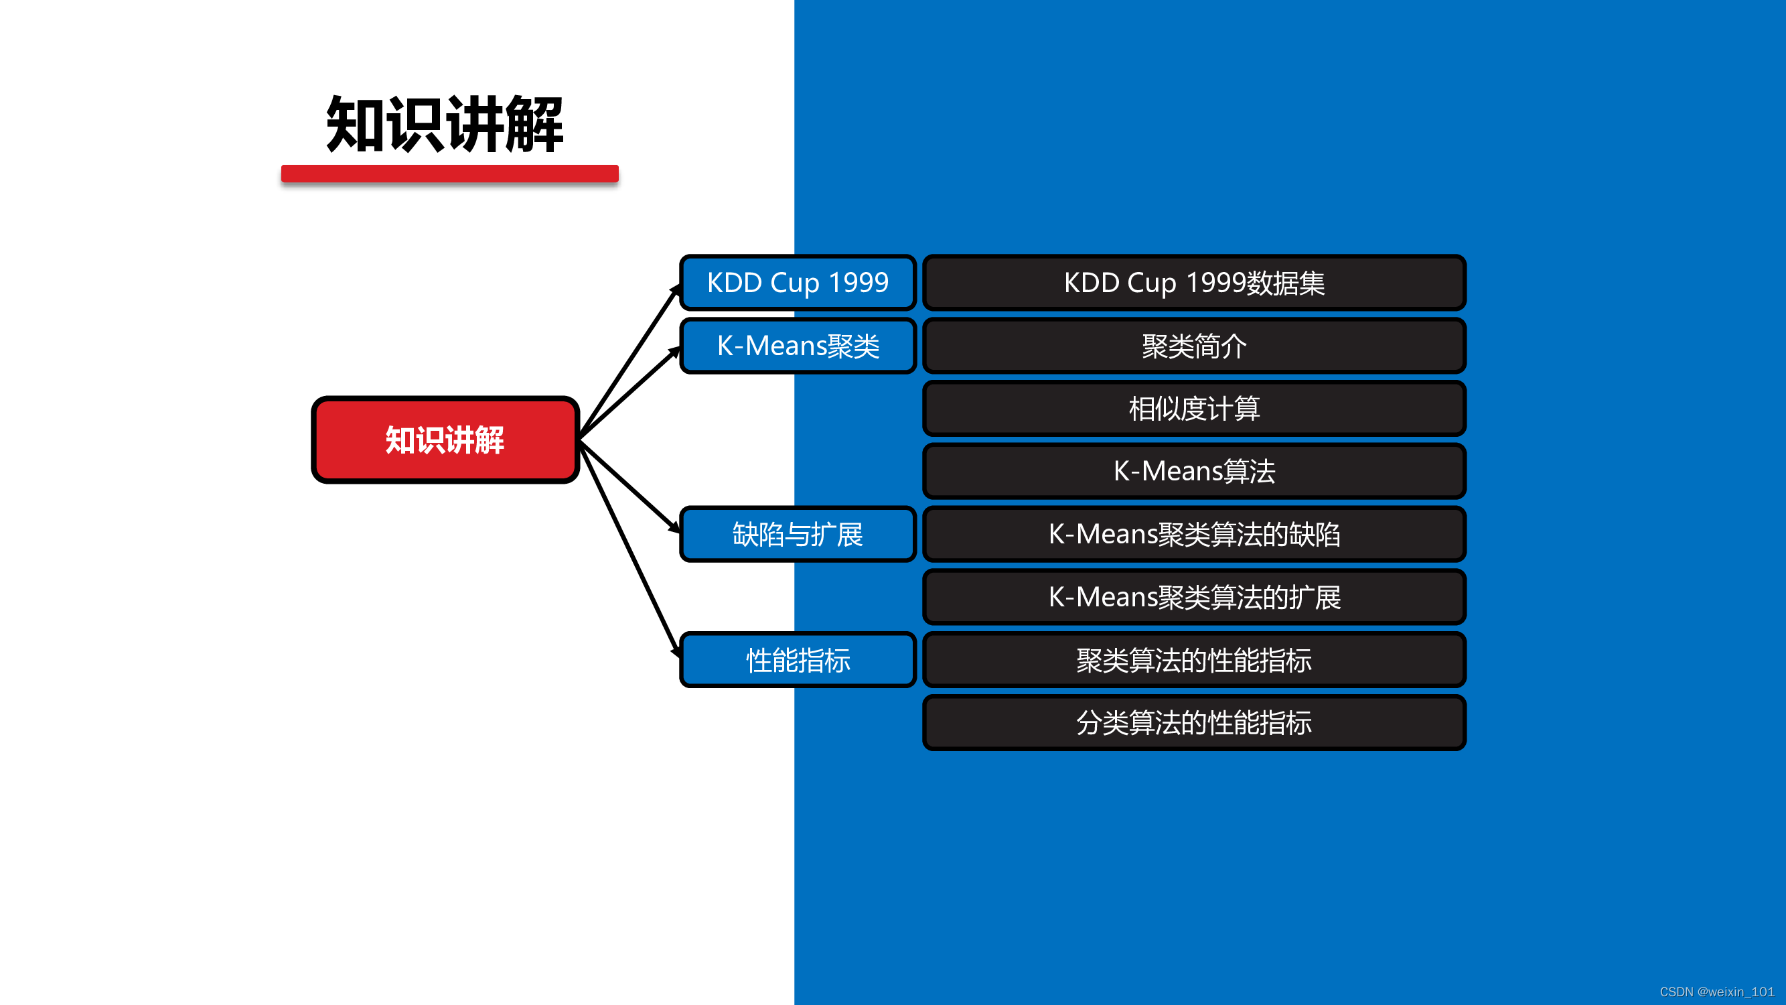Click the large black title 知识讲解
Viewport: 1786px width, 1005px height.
[445, 124]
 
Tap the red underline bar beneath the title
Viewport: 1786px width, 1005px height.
[450, 174]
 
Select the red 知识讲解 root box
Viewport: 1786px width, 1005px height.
[445, 440]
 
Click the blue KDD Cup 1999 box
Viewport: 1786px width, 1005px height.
[798, 282]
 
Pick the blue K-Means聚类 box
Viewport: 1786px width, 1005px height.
[798, 346]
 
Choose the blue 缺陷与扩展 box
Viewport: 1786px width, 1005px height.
[798, 534]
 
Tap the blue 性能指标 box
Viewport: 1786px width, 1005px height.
[798, 659]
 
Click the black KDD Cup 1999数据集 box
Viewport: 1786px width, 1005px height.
[1194, 282]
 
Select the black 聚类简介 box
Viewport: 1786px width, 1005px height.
[1194, 346]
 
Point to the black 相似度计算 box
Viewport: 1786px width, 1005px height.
[1194, 409]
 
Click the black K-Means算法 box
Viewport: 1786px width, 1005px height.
[1194, 471]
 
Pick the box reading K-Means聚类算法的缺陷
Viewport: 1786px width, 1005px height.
[1194, 534]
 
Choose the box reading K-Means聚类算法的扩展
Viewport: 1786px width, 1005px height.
[1194, 597]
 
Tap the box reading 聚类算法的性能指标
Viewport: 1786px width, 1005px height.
[1194, 659]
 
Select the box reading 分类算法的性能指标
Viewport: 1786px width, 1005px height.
[1194, 723]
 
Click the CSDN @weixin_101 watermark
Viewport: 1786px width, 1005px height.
[1716, 992]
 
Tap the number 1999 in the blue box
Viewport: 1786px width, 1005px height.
[859, 282]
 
